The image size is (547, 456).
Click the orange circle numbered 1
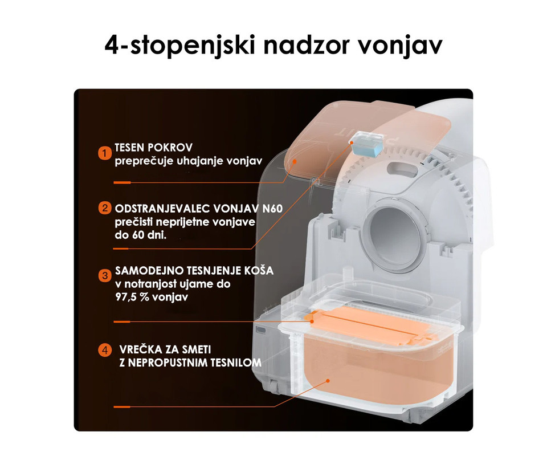pos(105,153)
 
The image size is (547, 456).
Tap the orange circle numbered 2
pos(105,208)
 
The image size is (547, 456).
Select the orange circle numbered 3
pos(105,276)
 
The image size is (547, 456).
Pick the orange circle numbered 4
pos(105,349)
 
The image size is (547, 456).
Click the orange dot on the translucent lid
pos(295,161)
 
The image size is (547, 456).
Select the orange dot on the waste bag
pos(328,381)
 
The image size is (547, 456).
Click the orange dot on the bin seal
pos(312,321)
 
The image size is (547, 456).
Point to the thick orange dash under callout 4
pos(122,407)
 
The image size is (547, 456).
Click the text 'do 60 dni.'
pos(141,235)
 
